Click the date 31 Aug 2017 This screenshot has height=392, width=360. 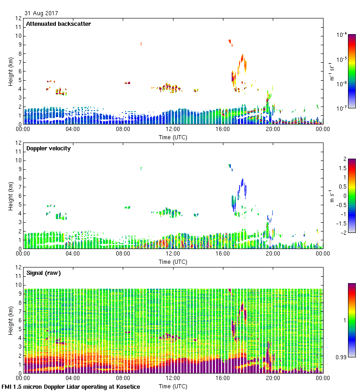41,13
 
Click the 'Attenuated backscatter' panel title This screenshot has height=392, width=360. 58,24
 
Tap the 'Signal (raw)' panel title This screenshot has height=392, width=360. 43,273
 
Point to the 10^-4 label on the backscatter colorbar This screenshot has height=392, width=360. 342,35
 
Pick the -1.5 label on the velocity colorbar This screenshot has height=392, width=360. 342,223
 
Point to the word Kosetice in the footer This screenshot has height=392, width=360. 126,387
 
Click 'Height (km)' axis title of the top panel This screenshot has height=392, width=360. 10,71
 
